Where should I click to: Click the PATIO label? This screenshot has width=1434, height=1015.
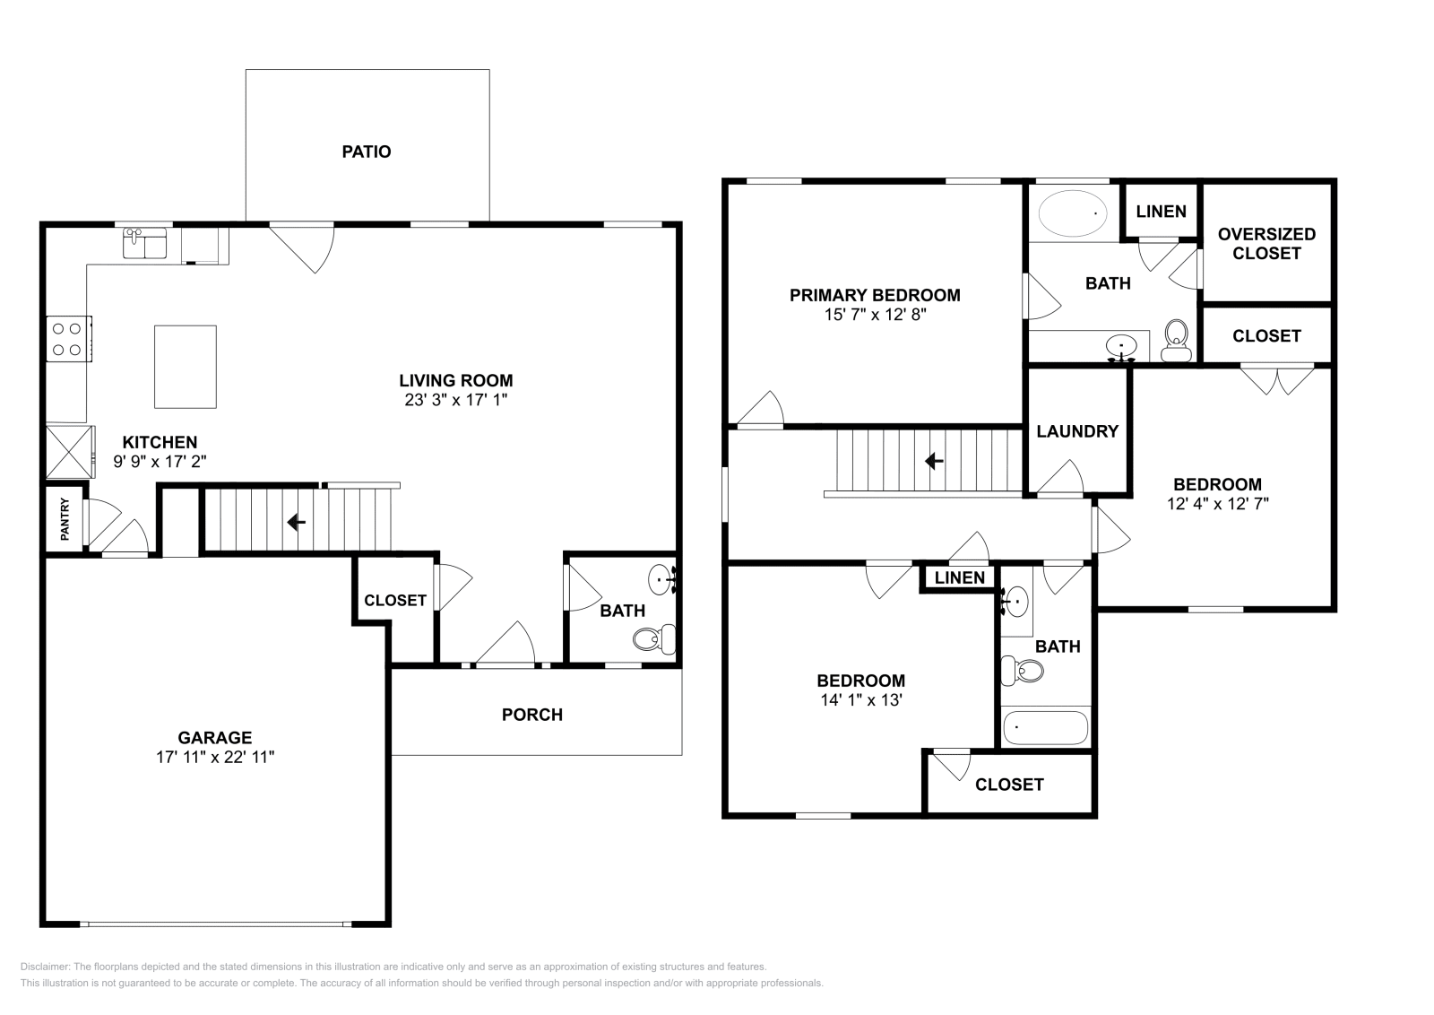(367, 152)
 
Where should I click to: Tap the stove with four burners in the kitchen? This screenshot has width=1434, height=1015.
(68, 339)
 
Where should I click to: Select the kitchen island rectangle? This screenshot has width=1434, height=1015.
(185, 367)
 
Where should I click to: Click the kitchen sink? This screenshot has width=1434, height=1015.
(144, 243)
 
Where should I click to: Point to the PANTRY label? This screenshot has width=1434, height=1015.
(65, 519)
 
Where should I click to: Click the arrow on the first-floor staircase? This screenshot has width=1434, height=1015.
(296, 523)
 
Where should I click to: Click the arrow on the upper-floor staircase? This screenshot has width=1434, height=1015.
(934, 461)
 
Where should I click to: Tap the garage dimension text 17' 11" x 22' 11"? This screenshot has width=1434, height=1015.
(215, 757)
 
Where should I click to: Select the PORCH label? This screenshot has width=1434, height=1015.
(532, 715)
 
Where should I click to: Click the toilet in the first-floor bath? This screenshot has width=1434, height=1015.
(654, 638)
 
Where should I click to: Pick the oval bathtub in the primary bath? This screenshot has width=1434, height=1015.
(1072, 213)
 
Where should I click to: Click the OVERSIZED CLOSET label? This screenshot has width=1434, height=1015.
(1266, 244)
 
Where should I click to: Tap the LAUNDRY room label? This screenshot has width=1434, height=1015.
(1077, 431)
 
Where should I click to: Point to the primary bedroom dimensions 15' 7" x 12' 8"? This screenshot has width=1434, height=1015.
(875, 315)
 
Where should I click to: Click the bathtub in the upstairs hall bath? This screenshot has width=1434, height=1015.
(1045, 727)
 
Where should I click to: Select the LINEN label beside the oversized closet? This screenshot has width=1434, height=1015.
(1162, 212)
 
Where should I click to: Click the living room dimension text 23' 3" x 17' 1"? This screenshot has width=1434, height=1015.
(456, 400)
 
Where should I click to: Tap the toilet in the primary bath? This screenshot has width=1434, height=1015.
(1177, 341)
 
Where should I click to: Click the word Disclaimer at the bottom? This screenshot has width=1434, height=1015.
(45, 967)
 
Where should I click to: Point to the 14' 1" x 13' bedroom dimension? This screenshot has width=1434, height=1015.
(861, 700)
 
